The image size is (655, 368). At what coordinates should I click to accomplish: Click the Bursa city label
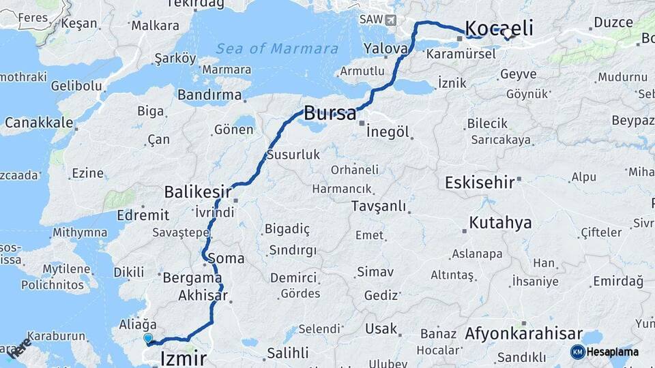(x=330, y=112)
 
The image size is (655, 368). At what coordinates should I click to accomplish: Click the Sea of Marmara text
(x=276, y=48)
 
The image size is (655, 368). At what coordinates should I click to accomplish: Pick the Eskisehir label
(x=478, y=183)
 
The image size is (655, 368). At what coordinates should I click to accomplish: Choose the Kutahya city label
(x=500, y=223)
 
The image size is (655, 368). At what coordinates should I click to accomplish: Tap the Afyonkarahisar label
(x=523, y=335)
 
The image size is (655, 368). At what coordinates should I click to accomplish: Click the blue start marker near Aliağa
(x=148, y=337)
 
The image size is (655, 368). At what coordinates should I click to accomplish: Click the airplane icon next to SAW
(x=391, y=19)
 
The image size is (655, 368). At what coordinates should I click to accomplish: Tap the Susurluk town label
(x=293, y=155)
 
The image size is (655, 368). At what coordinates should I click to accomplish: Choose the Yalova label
(x=385, y=49)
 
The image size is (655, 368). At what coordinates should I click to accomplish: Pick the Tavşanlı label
(x=379, y=206)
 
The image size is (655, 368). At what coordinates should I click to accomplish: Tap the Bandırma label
(x=209, y=95)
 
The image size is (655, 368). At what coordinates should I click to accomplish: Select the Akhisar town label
(x=202, y=296)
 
